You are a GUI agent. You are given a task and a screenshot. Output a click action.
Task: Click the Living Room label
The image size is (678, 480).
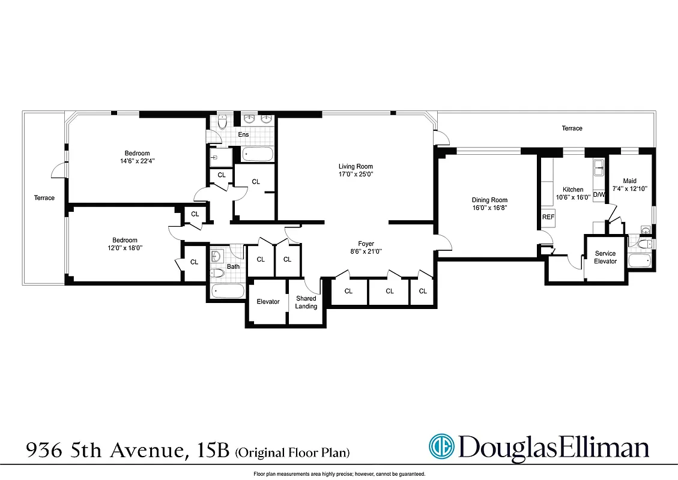(x=356, y=166)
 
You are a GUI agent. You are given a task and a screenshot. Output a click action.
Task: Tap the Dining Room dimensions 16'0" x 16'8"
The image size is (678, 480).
(x=489, y=208)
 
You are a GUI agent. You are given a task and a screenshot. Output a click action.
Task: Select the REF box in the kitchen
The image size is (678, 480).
(x=548, y=217)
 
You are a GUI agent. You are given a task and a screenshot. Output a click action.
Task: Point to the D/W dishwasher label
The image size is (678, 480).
(x=599, y=195)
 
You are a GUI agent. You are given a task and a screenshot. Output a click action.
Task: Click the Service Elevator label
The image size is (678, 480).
(x=605, y=257)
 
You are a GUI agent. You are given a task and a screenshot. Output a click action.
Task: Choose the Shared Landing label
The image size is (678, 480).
(x=306, y=302)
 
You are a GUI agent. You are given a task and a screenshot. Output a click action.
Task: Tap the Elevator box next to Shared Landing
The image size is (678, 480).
(x=268, y=302)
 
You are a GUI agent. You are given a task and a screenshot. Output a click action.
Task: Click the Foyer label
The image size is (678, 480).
(x=366, y=244)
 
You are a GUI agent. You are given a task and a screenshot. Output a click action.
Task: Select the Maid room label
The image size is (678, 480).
(x=629, y=181)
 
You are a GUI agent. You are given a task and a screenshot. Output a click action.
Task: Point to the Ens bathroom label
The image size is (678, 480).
(x=243, y=134)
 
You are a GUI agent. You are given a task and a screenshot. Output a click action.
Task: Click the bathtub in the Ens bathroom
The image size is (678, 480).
(x=258, y=154)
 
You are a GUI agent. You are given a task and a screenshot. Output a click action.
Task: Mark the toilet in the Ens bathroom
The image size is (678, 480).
(x=222, y=123)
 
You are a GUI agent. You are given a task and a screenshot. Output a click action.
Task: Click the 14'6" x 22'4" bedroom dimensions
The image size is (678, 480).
(x=137, y=161)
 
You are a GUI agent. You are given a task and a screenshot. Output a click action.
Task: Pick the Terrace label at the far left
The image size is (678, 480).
(x=44, y=198)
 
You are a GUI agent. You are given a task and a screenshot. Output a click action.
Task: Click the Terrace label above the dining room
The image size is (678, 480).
(x=572, y=128)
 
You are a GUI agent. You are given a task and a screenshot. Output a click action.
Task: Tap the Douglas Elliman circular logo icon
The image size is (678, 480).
(x=442, y=447)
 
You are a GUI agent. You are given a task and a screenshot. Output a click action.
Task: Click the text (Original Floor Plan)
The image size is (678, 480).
(x=293, y=451)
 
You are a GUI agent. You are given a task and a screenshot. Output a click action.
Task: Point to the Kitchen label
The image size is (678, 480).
(x=572, y=190)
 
